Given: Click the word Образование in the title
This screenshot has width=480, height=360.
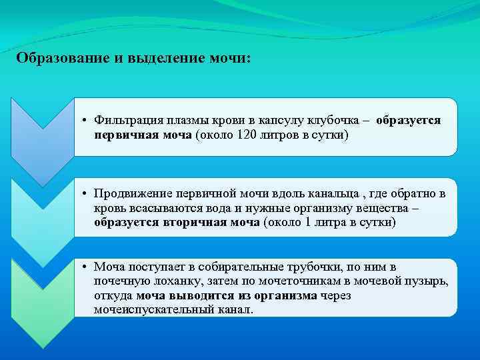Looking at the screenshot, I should click(x=54, y=58).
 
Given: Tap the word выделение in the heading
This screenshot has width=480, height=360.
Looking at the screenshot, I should click(x=146, y=58).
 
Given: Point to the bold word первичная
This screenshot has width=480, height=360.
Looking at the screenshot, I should click(x=126, y=135).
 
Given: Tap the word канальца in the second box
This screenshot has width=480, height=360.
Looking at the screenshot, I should click(x=323, y=193).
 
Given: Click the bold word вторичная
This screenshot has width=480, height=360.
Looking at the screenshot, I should click(x=193, y=223).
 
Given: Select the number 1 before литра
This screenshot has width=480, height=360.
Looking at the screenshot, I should click(x=307, y=223).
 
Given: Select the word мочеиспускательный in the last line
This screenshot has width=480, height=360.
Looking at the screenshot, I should click(x=153, y=310).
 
